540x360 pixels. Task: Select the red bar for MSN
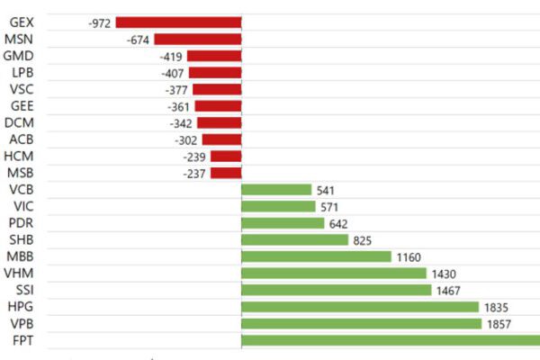coord(197,40)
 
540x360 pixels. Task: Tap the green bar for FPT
coord(391,340)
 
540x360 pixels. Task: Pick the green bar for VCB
coord(276,190)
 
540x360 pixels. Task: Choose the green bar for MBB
coord(317,256)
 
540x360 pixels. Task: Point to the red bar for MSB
coord(226,173)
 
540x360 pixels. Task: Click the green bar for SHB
coord(294,240)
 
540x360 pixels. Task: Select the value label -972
coord(100,22)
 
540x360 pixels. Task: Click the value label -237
coord(195,173)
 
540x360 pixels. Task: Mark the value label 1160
coord(409,256)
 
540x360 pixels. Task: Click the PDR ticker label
coord(21,223)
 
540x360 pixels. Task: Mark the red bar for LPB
coord(214,73)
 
